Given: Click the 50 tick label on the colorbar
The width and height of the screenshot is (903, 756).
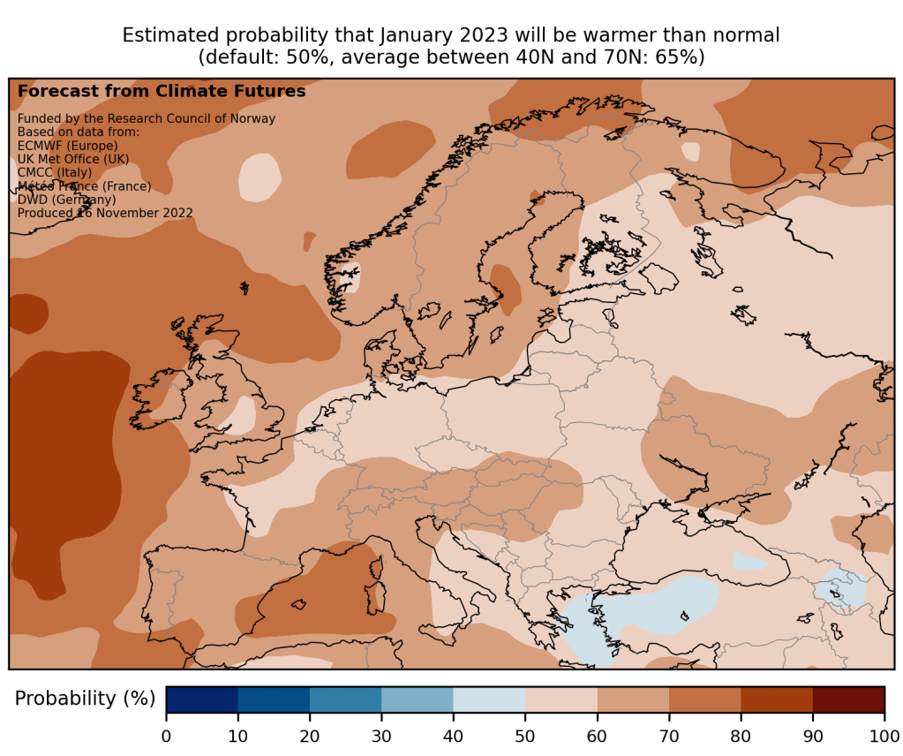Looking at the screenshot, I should point(525,736).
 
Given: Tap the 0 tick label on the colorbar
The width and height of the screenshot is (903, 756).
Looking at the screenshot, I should point(166,736).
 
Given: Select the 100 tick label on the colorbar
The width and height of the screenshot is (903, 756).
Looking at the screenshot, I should point(884,736).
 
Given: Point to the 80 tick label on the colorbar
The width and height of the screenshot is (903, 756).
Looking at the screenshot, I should point(741,736).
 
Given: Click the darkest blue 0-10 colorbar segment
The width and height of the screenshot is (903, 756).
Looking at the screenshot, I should point(202,699).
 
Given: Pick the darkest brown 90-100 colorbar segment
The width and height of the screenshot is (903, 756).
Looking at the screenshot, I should point(848,699).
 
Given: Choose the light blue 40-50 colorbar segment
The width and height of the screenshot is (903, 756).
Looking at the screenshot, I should point(489,699).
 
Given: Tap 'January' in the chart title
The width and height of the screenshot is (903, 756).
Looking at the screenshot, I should point(419,36).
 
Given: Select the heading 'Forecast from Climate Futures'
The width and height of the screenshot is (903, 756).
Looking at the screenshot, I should point(162,91).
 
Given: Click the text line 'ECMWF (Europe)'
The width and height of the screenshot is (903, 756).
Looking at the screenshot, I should point(67,146).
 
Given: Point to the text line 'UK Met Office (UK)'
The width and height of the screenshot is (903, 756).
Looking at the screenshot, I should point(73,159).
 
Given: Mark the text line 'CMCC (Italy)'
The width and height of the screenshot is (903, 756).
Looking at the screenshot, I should point(55,172).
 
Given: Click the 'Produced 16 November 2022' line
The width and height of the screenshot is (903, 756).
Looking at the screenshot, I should point(105,213).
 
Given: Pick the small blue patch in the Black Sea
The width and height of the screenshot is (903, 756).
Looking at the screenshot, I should point(749,561).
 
